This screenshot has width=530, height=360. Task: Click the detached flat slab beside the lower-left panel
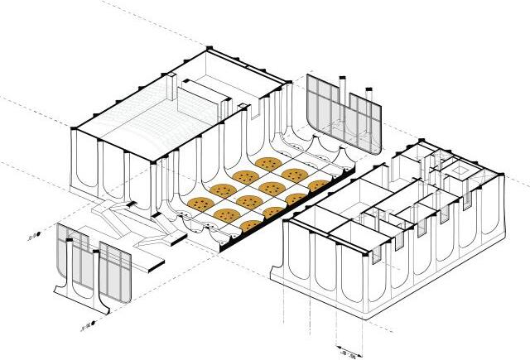[149, 264]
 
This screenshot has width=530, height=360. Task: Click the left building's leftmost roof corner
[75, 129]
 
